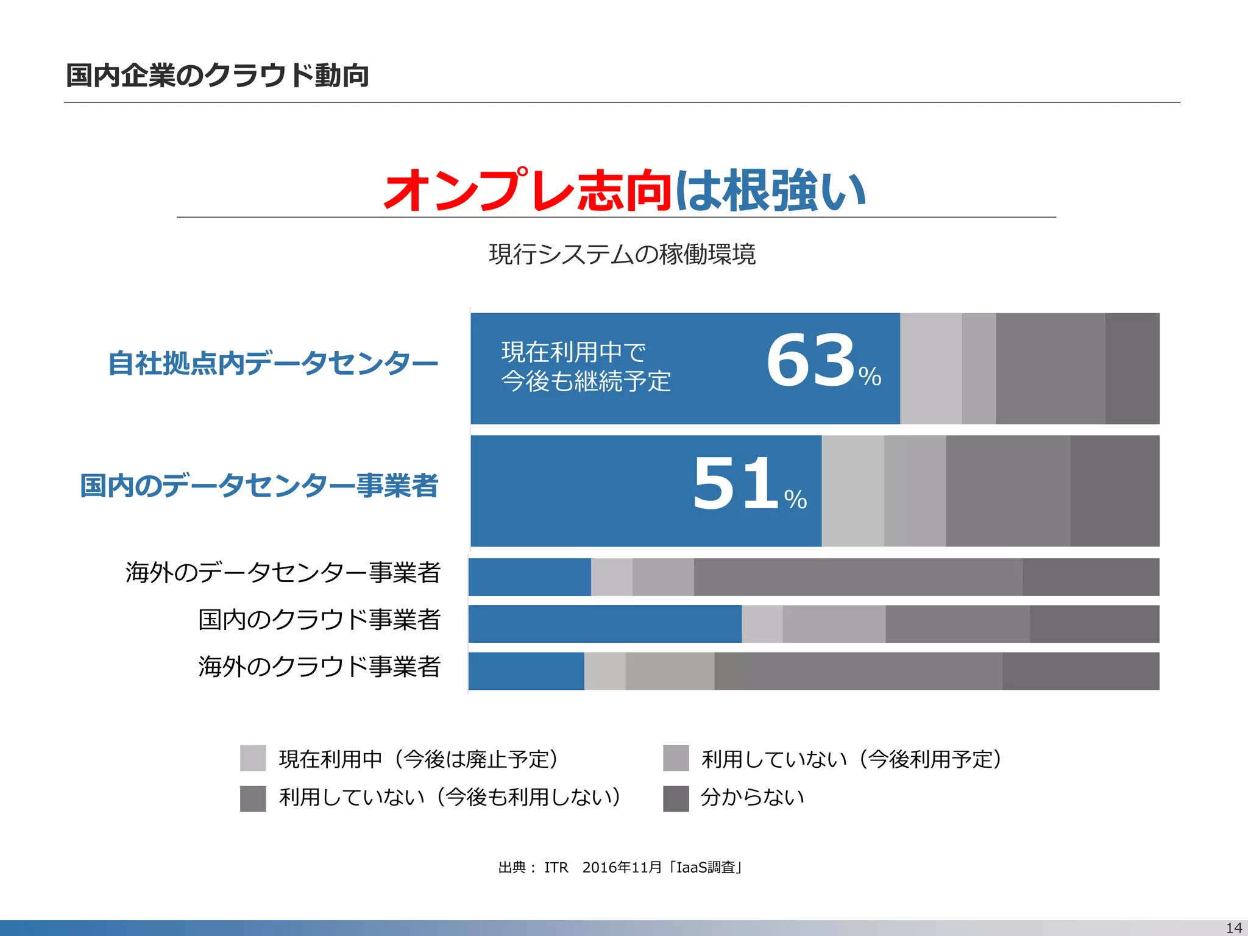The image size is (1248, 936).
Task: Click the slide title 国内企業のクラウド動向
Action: coord(217,76)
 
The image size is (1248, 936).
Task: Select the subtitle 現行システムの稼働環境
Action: coord(622,254)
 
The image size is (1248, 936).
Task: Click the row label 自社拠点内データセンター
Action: coord(273,363)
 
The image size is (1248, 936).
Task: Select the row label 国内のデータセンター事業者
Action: coord(259,486)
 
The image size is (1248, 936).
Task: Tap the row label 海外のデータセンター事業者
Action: coord(283,573)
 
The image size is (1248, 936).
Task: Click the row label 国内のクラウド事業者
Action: coord(319,620)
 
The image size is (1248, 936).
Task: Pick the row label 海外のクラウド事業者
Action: coord(319,667)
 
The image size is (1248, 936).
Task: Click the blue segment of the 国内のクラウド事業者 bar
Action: coord(604,624)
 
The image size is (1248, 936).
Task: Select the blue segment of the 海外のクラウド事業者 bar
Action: coord(526,671)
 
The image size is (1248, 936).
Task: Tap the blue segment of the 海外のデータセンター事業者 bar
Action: coord(530,577)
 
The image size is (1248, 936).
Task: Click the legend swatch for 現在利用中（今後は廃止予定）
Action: coord(253,758)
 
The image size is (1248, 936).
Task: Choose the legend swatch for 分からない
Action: coord(676,798)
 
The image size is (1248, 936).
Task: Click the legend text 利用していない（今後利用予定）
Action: coord(851,759)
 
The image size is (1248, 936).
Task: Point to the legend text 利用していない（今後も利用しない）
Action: coord(450,797)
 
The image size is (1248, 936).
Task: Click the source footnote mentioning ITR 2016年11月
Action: coord(620,867)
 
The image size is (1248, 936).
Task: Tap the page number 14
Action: coord(1234,927)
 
